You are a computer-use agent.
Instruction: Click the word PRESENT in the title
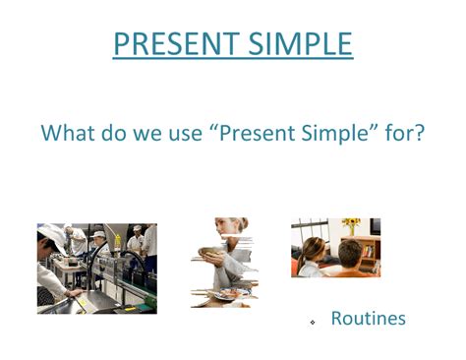click(x=172, y=44)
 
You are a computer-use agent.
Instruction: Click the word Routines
click(x=368, y=319)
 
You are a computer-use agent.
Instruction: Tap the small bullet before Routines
click(x=312, y=322)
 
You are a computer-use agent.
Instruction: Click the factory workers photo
click(x=96, y=268)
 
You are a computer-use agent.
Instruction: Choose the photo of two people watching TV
click(x=335, y=248)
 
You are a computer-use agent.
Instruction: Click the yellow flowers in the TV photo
click(x=352, y=225)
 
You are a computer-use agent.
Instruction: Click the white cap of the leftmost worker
click(x=47, y=234)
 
